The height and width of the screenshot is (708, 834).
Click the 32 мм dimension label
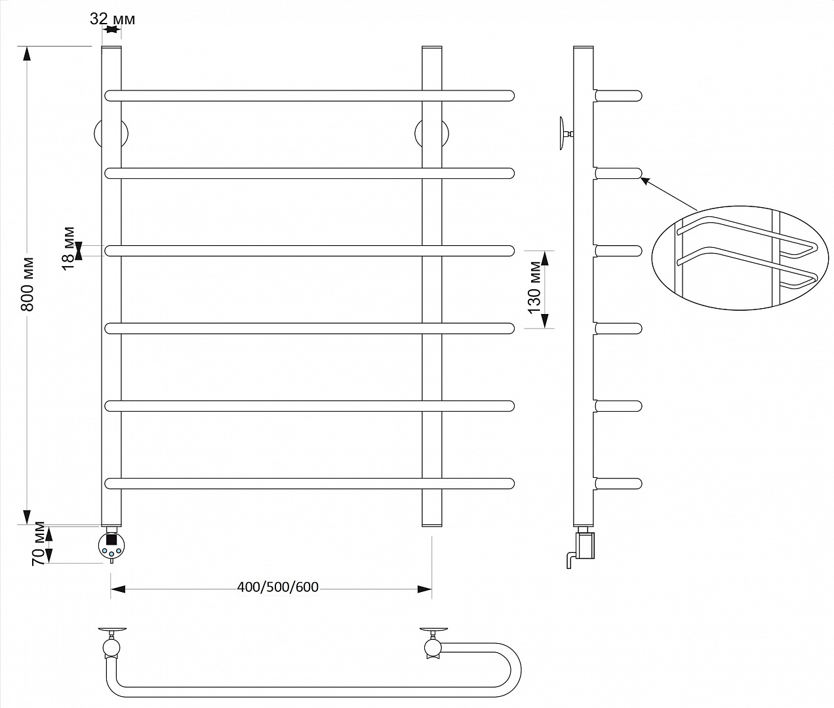tap(112, 19)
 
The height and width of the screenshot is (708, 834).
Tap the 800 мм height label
tap(28, 284)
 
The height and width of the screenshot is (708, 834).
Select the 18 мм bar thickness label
tap(69, 248)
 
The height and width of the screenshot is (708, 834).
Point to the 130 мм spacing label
tap(534, 287)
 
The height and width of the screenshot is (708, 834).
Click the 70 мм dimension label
tap(38, 544)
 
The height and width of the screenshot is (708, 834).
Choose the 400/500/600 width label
tap(277, 587)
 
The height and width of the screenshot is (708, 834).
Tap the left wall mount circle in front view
tap(111, 134)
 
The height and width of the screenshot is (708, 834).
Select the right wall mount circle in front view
tap(431, 134)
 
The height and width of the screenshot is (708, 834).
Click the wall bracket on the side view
tap(565, 134)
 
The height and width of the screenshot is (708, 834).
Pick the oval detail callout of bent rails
tap(740, 258)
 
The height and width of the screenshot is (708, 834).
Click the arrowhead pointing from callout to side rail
tap(645, 181)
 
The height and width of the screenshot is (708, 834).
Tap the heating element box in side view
tap(585, 545)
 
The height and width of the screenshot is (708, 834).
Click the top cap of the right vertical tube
tap(431, 47)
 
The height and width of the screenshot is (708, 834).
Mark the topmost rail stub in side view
tap(618, 96)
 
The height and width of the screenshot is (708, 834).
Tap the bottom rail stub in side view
tap(618, 483)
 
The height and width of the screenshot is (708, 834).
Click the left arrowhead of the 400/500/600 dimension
tap(118, 589)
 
